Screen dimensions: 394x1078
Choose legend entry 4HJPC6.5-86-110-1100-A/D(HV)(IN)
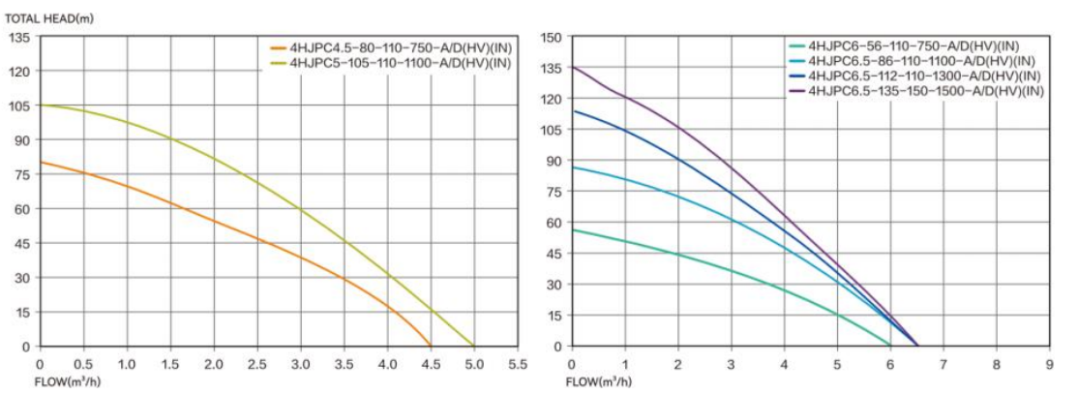click(918, 60)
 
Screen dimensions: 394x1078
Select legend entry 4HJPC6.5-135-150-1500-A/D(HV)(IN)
click(925, 91)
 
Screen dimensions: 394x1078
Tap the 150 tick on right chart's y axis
click(552, 37)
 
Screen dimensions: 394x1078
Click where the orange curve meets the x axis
click(431, 346)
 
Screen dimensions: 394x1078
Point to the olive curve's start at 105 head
click(40, 106)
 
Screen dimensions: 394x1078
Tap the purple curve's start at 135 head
click(572, 68)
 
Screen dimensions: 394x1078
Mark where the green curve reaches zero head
click(890, 346)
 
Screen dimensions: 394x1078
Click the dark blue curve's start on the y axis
click(572, 110)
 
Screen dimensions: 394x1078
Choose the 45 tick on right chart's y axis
click(554, 253)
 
